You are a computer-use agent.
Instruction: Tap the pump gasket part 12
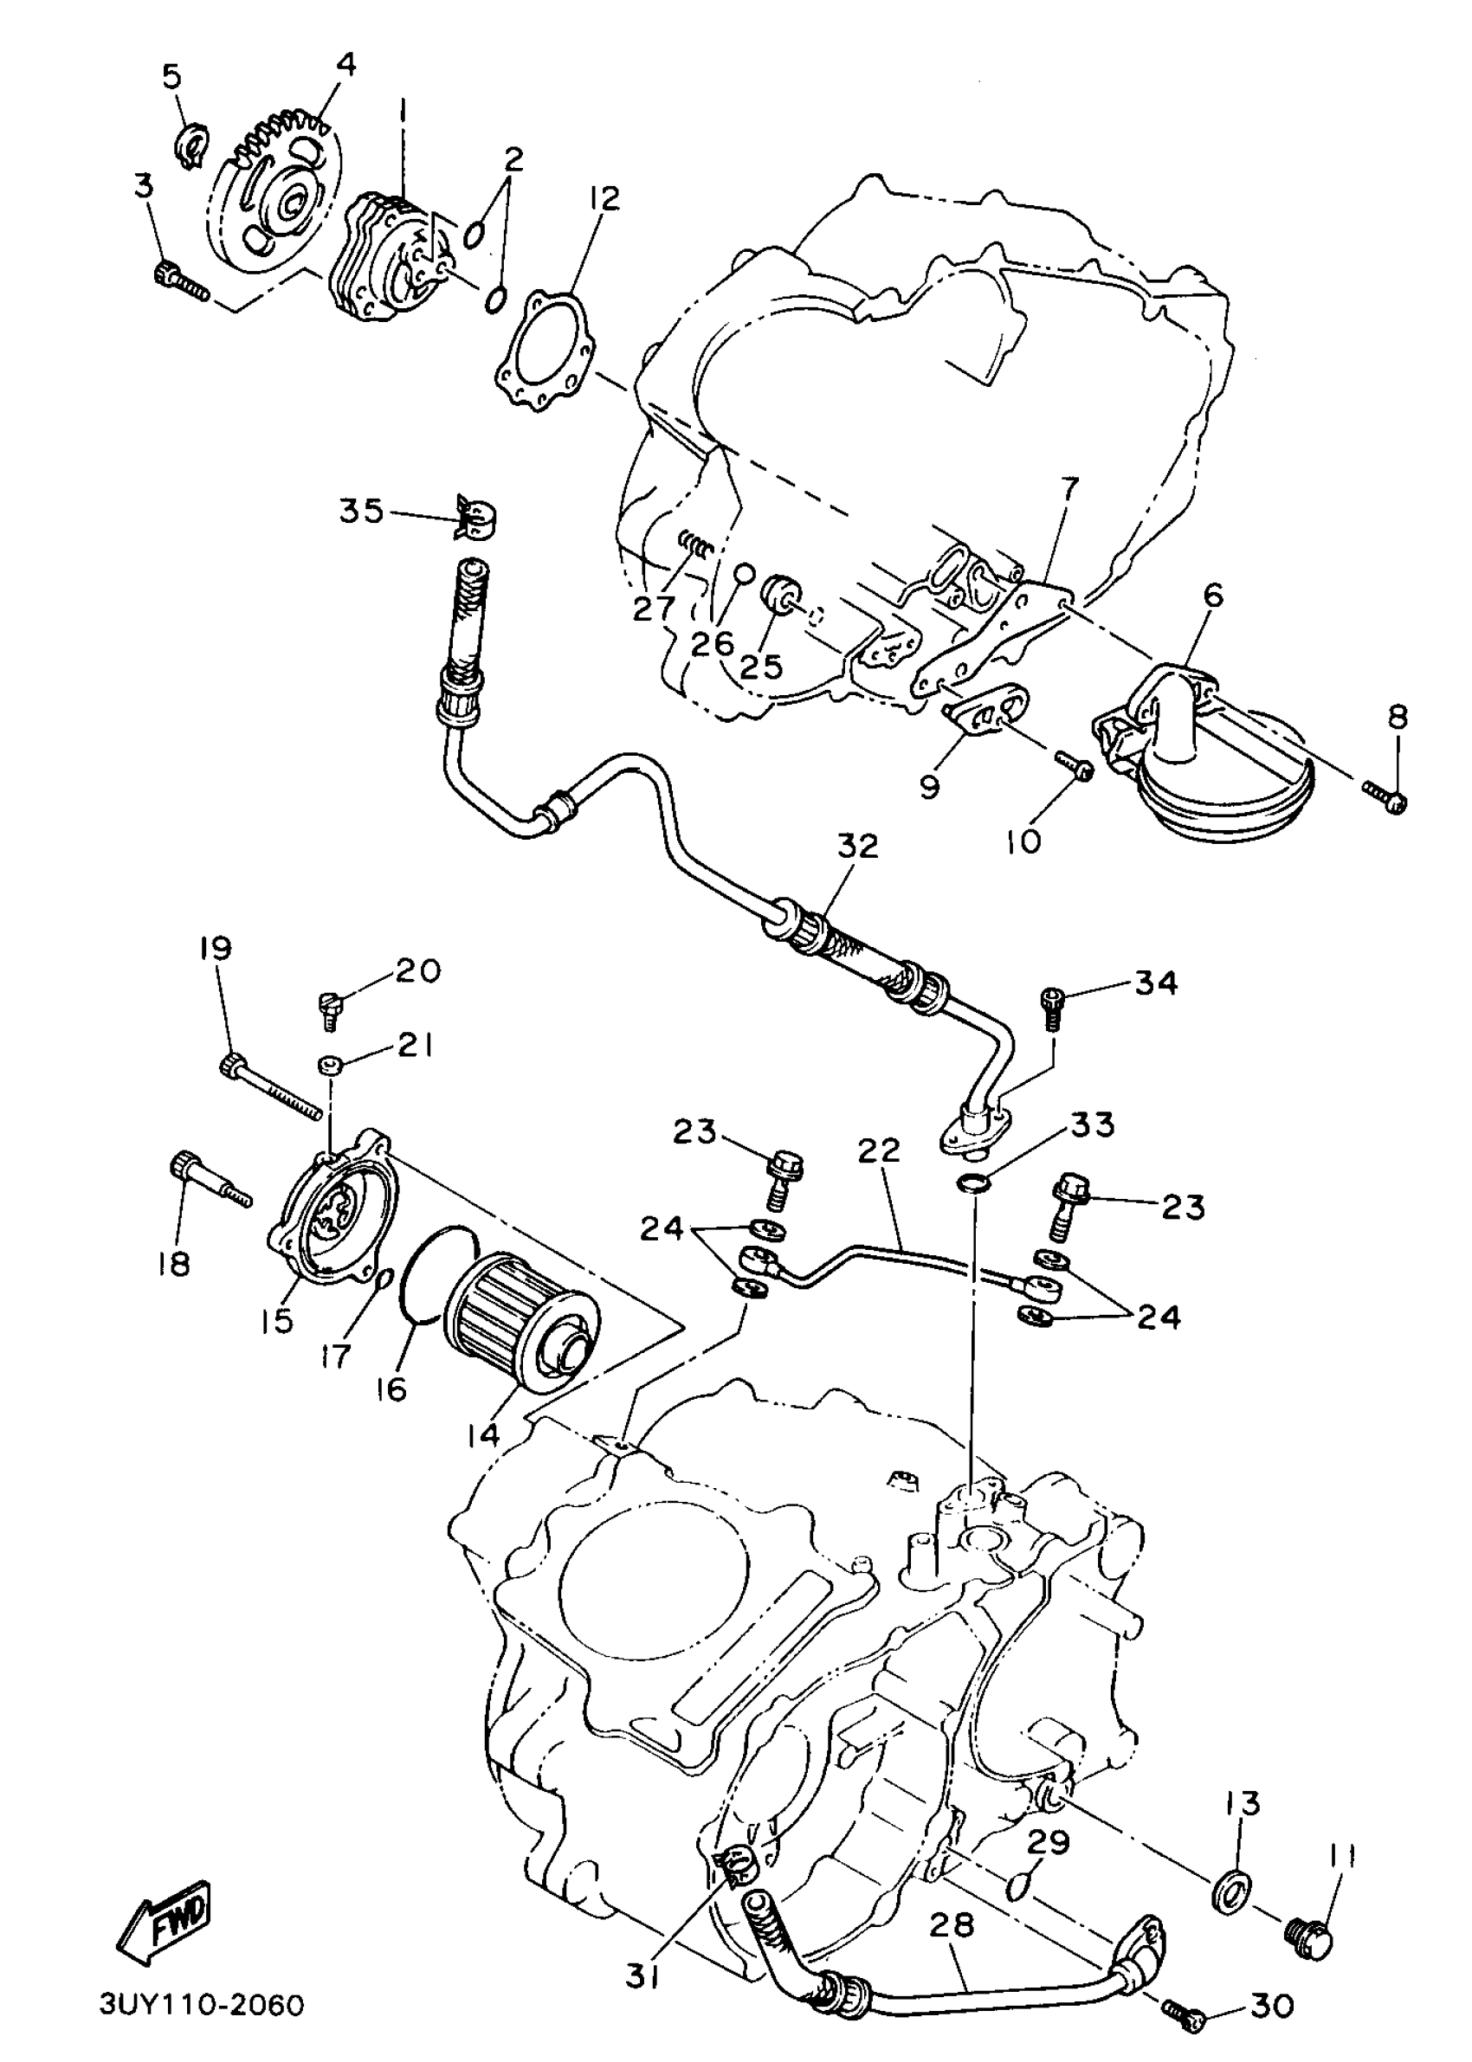544,351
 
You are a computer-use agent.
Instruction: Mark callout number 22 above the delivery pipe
878,1150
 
